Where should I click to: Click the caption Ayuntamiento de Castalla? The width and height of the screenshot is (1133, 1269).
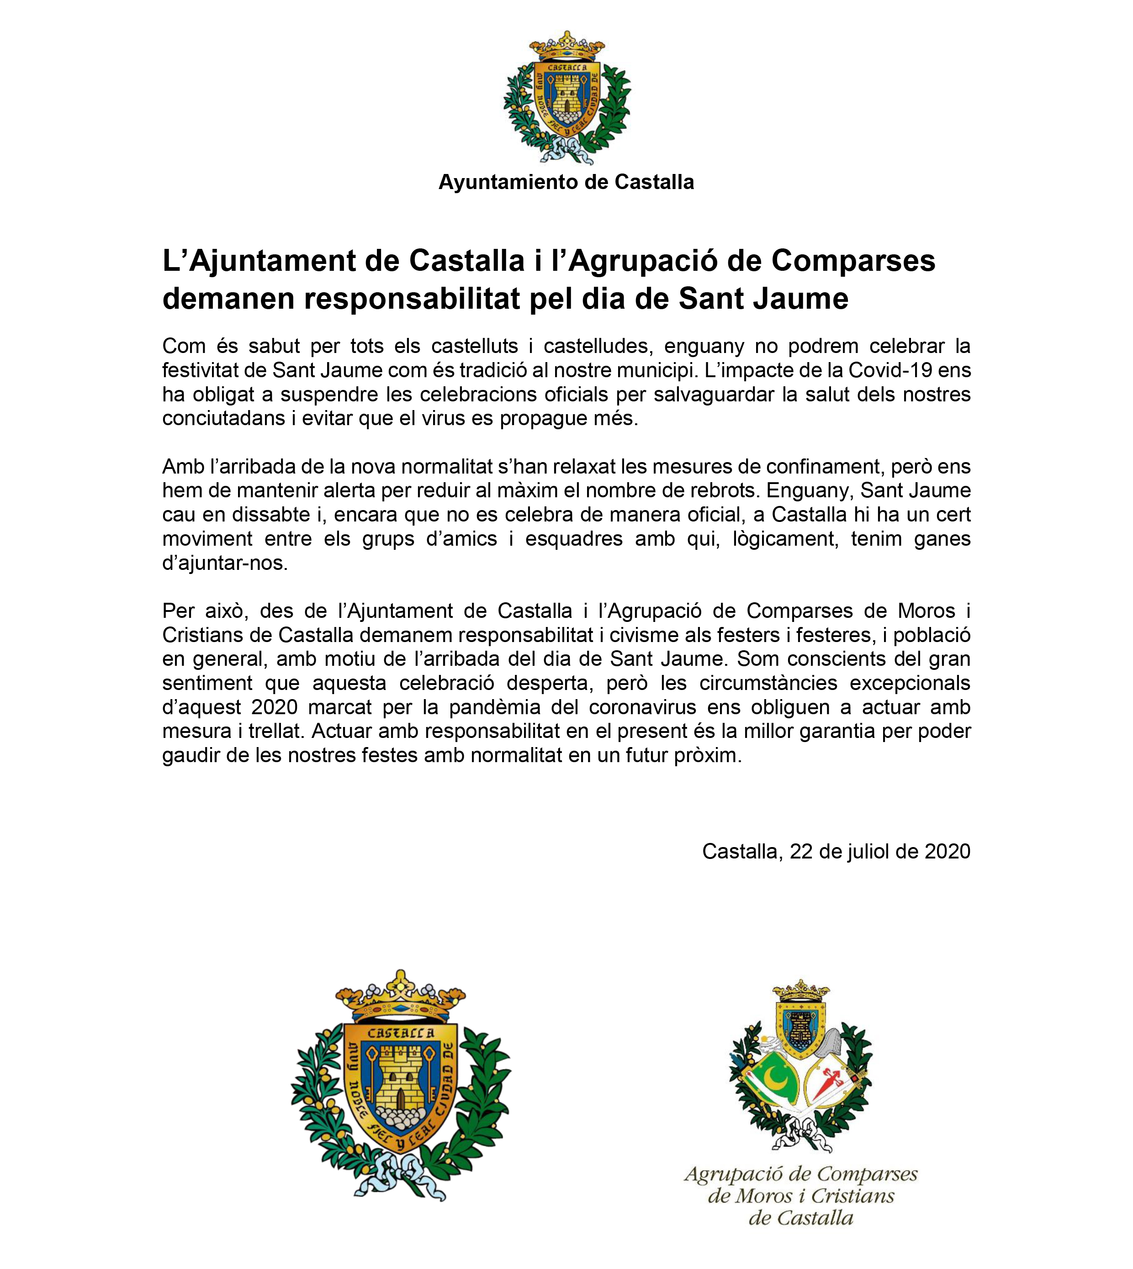tap(566, 182)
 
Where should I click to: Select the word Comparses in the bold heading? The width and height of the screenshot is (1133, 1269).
tap(853, 261)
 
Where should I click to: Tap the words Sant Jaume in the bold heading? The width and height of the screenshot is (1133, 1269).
tap(763, 299)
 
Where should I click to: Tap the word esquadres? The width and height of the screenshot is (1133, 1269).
tap(573, 539)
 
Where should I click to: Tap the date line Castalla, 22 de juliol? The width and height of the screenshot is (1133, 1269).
tap(836, 851)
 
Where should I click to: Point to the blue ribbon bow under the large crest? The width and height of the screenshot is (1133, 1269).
tap(400, 1175)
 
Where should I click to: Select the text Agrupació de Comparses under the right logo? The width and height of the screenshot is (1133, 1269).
tap(800, 1174)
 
